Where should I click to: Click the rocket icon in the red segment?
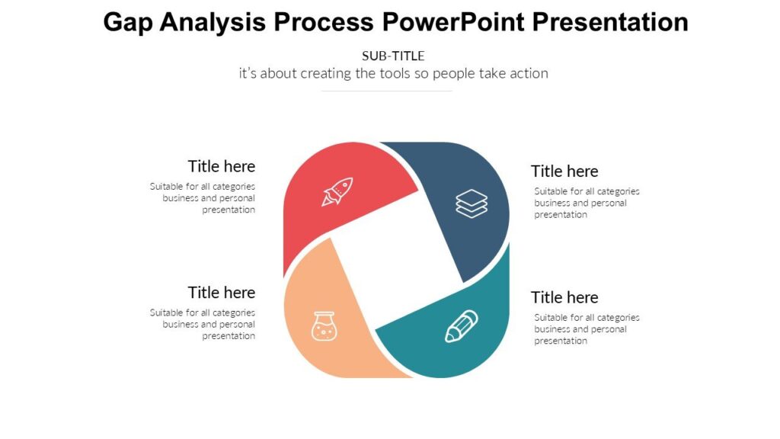[x=337, y=191]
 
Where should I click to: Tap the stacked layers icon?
[x=472, y=203]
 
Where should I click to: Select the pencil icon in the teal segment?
[x=462, y=326]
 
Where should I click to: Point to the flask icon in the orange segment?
[x=324, y=325]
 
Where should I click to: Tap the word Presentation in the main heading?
[x=610, y=22]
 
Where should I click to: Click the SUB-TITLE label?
[x=393, y=56]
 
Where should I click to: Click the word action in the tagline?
[x=529, y=74]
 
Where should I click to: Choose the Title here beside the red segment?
[x=222, y=166]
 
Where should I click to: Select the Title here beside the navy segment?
[x=564, y=171]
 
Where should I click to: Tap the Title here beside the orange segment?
[x=222, y=293]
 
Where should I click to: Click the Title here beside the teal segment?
[x=564, y=297]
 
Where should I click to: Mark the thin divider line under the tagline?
[x=387, y=91]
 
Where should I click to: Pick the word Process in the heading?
[x=324, y=22]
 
